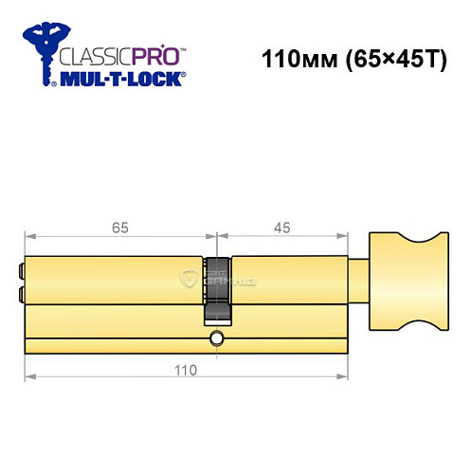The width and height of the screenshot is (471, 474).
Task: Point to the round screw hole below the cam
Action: click(217, 338)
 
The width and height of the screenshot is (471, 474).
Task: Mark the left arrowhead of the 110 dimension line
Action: click(28, 379)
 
